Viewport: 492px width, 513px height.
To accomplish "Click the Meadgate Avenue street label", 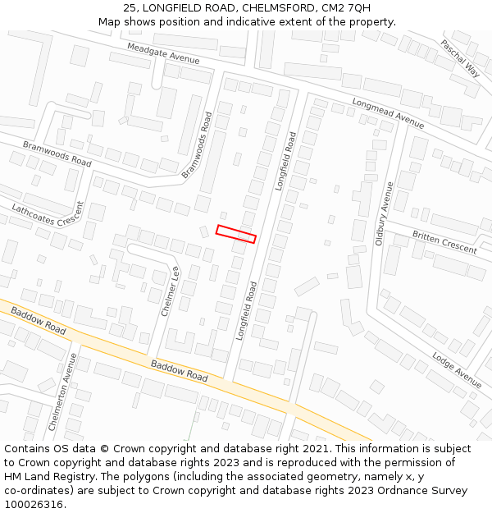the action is coord(162,54).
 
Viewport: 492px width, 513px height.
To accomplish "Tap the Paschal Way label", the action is coord(460,57).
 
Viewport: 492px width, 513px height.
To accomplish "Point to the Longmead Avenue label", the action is coord(388,114).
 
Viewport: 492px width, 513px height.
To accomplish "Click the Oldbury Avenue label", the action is coord(385,213).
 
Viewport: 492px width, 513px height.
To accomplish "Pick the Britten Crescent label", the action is coord(444,242).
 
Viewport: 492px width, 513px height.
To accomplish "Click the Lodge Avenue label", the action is coord(456,369).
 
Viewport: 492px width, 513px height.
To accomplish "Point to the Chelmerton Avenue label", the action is coord(62,392).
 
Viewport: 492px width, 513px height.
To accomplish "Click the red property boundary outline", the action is coord(236,234).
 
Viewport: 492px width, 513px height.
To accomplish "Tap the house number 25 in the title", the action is coord(130,8).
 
